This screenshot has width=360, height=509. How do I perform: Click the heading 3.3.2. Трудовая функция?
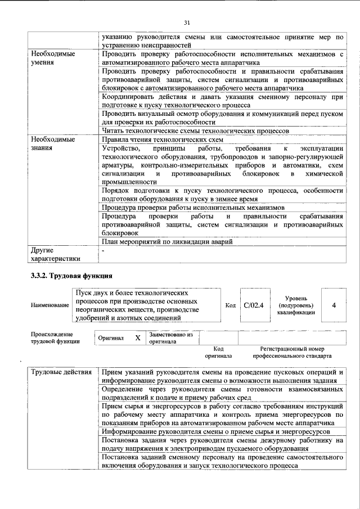71,276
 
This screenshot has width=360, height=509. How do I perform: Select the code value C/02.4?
254,304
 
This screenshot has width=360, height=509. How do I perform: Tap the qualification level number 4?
334,304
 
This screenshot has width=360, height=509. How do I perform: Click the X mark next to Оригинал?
137,338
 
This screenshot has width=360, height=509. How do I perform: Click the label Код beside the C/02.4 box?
230,304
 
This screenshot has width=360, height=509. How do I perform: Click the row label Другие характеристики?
55,254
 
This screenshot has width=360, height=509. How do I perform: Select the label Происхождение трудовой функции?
55,337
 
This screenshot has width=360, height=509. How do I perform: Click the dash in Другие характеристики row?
103,249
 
